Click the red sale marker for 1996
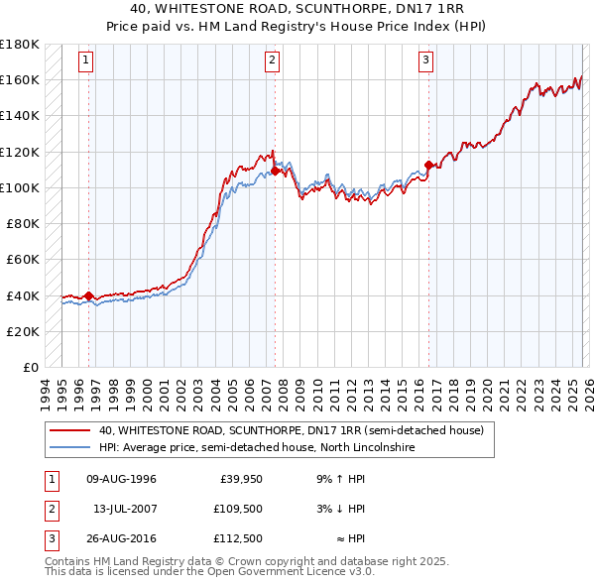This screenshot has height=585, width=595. [x=88, y=295]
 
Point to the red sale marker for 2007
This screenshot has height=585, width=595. [x=275, y=171]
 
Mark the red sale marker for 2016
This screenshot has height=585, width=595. [x=428, y=166]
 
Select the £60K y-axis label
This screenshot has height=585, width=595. [x=23, y=260]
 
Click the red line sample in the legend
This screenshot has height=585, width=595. [x=70, y=431]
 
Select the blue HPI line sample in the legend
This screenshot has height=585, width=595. [x=70, y=448]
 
